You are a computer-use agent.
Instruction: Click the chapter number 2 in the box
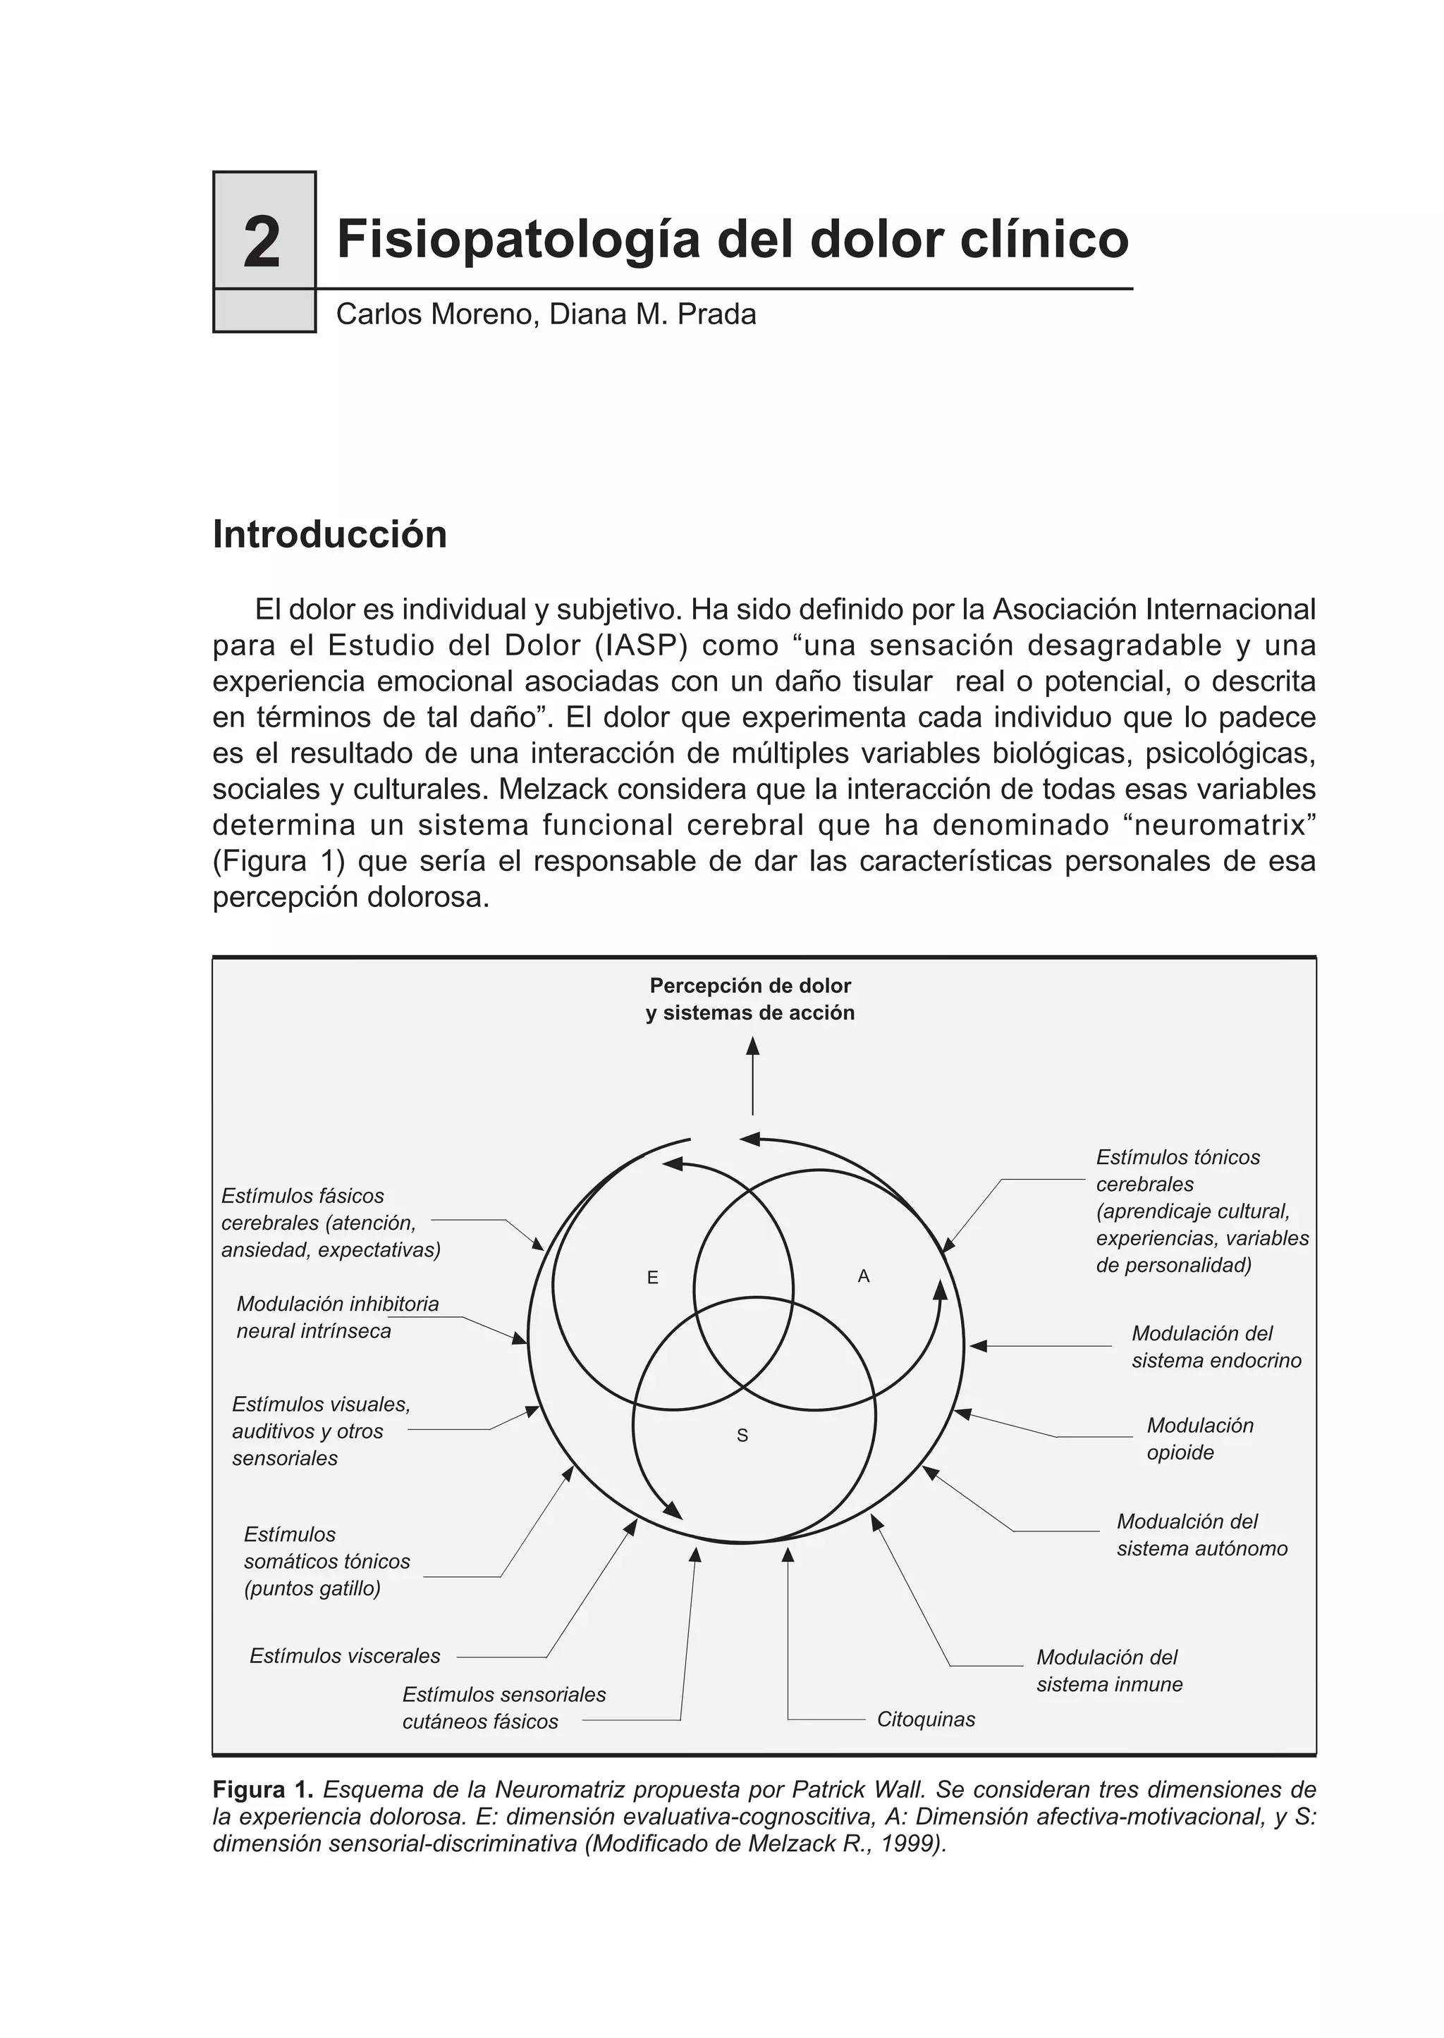coord(262,242)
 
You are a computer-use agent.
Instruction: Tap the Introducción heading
coord(329,535)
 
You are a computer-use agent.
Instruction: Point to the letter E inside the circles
coord(653,1278)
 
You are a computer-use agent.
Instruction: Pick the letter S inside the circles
coord(742,1435)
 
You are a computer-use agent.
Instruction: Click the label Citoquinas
coord(926,1719)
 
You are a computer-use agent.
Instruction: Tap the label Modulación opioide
coord(1199,1439)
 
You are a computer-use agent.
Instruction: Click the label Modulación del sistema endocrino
coord(1216,1347)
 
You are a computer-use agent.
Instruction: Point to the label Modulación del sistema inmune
coord(1109,1670)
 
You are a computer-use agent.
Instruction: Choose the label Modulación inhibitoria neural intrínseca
coord(337,1317)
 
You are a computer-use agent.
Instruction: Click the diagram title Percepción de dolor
coord(750,986)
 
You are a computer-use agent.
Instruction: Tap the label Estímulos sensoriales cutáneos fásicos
coord(503,1707)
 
